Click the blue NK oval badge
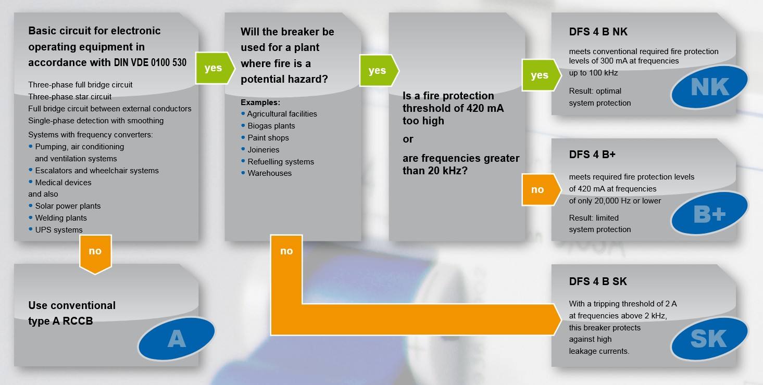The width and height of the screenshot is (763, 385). tap(709, 87)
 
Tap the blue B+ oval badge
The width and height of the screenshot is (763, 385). tap(709, 213)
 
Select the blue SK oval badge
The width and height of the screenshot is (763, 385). tap(709, 339)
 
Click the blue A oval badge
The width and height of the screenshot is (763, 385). tap(177, 339)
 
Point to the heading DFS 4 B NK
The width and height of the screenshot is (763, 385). tap(598, 32)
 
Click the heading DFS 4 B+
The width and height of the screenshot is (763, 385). tap(592, 155)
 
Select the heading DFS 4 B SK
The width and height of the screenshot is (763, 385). tap(598, 281)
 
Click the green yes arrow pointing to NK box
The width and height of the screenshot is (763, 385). tap(541, 75)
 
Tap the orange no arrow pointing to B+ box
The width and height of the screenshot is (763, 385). tap(541, 189)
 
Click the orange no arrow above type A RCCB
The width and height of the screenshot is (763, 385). tap(95, 254)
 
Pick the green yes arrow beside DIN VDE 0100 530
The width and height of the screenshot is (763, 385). tap(215, 68)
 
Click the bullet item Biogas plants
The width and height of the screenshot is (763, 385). tap(268, 126)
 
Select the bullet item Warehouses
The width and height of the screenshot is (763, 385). tap(266, 173)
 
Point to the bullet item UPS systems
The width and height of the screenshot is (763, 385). tap(56, 230)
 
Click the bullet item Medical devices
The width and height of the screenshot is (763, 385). tap(60, 183)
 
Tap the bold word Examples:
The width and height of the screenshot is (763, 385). tap(260, 102)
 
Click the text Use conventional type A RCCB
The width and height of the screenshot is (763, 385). tap(72, 313)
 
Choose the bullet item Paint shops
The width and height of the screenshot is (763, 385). tap(265, 138)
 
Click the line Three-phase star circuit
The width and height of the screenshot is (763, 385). tap(70, 97)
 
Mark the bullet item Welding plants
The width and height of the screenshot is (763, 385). tap(58, 218)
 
